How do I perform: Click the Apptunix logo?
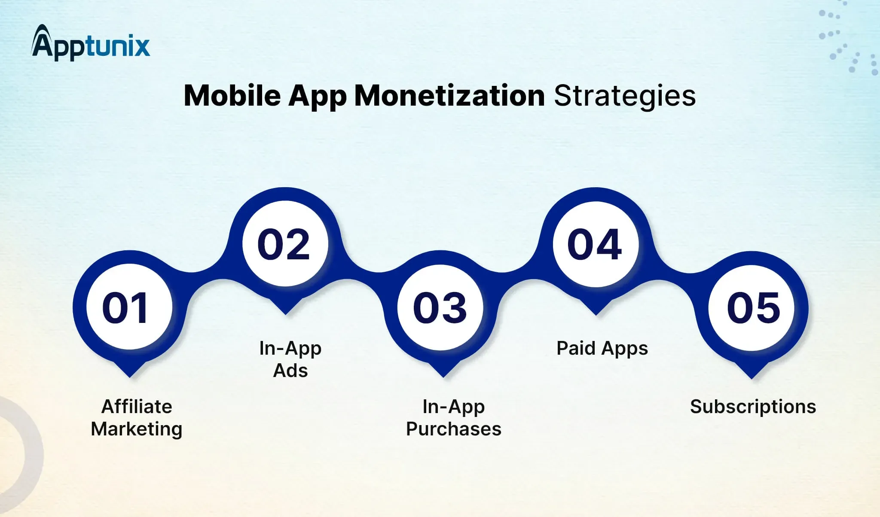(x=91, y=43)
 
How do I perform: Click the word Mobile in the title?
(x=232, y=95)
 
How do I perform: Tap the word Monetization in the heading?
(x=449, y=95)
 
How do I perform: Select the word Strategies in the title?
(x=625, y=96)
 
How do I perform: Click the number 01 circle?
(x=129, y=307)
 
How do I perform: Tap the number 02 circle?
(x=285, y=243)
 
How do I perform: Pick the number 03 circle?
(x=440, y=307)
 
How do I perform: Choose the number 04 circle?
(x=596, y=244)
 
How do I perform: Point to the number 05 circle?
(x=752, y=308)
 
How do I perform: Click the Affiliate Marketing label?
(x=137, y=418)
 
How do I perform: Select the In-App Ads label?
(x=290, y=359)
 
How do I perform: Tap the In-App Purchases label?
(x=454, y=418)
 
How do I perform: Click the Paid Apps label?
(x=602, y=349)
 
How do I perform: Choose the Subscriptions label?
(x=753, y=407)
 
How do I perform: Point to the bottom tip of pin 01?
(x=130, y=377)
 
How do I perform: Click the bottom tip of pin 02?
(x=285, y=314)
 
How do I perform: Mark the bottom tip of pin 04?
(x=596, y=315)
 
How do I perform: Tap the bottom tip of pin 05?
(x=752, y=379)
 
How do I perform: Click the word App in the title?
(x=318, y=96)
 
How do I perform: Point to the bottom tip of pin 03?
(x=443, y=377)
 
